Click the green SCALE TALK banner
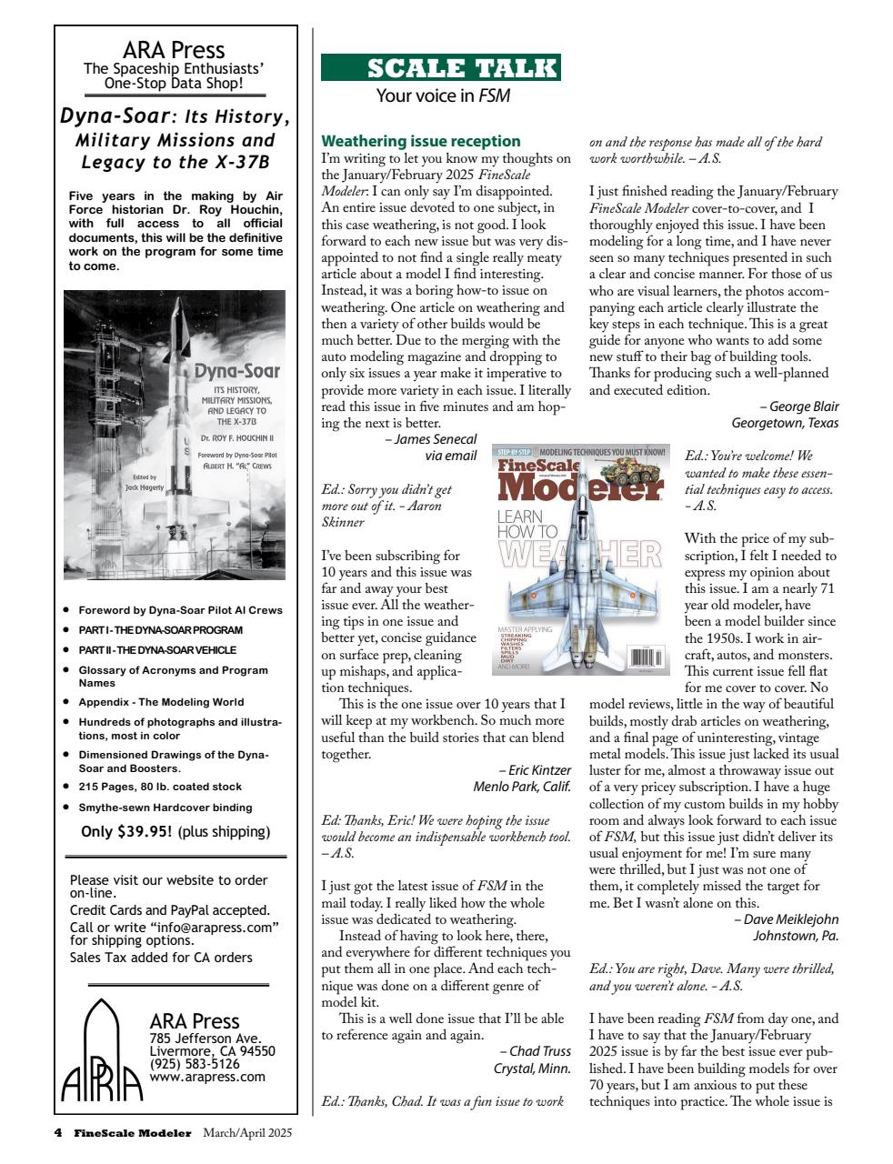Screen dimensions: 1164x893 (441, 68)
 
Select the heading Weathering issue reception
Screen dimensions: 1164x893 (421, 141)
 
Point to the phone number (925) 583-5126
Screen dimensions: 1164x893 (195, 1063)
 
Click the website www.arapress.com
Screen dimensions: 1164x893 (207, 1077)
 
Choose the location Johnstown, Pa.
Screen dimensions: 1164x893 (796, 936)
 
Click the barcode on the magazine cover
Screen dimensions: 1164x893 (645, 657)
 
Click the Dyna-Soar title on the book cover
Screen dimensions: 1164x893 (236, 371)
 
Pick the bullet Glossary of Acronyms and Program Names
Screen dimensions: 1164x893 (173, 676)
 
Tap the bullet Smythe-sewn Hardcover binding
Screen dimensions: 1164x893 (165, 808)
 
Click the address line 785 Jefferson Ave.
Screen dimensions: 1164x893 (205, 1038)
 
